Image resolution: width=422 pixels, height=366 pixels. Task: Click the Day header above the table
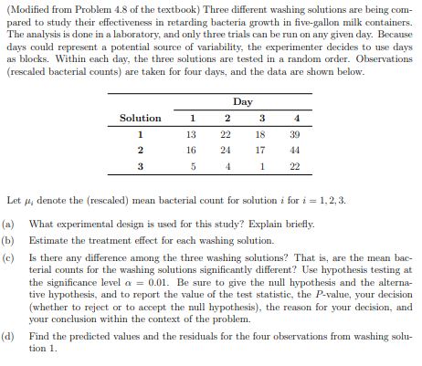click(242, 101)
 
